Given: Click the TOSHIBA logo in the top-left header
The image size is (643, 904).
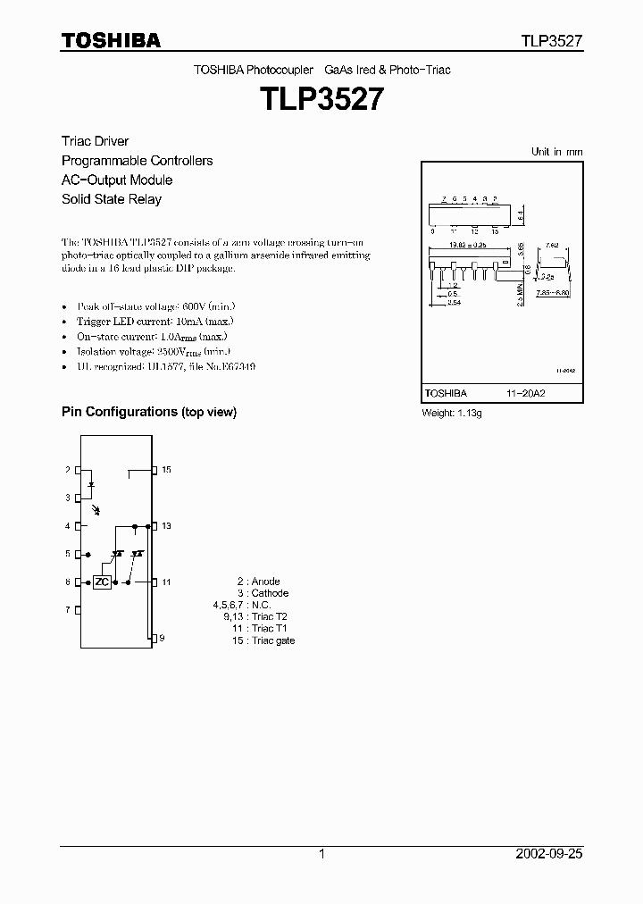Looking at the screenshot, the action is pos(111,40).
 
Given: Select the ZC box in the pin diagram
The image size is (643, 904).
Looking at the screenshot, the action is pos(103,582).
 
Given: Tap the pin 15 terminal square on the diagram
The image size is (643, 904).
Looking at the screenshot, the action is pos(154,470).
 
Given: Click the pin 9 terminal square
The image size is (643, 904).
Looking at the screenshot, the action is pos(154,638).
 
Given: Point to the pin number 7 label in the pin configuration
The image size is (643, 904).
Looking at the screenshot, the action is pos(67,610).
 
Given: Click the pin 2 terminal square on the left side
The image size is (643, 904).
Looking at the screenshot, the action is pos(78,470).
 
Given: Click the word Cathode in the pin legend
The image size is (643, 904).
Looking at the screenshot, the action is pos(270,593).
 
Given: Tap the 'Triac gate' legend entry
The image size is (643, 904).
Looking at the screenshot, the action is pos(273,640).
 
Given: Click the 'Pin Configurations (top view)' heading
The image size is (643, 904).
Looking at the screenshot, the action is pos(148,412).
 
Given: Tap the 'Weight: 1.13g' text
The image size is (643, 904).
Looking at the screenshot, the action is pos(451,414).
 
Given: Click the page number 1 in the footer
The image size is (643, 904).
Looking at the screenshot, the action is pos(321,854).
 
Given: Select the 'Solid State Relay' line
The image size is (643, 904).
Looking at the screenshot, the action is pos(112,199).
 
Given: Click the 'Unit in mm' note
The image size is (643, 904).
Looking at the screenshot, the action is pos(556,152).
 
